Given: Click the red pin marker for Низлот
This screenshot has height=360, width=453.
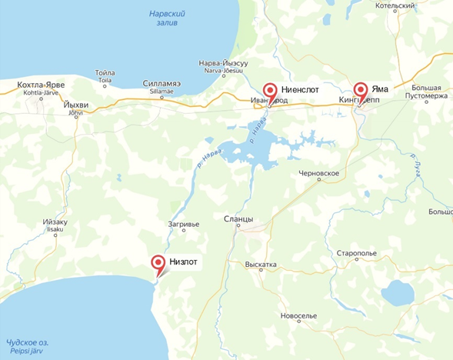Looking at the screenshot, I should (x=158, y=264).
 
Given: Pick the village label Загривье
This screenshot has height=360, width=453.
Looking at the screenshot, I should (x=184, y=224).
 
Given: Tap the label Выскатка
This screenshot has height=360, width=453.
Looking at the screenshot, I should (x=261, y=265).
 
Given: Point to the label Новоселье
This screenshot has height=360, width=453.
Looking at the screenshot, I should (x=299, y=316).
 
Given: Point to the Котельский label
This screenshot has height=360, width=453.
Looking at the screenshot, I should (x=395, y=5).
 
